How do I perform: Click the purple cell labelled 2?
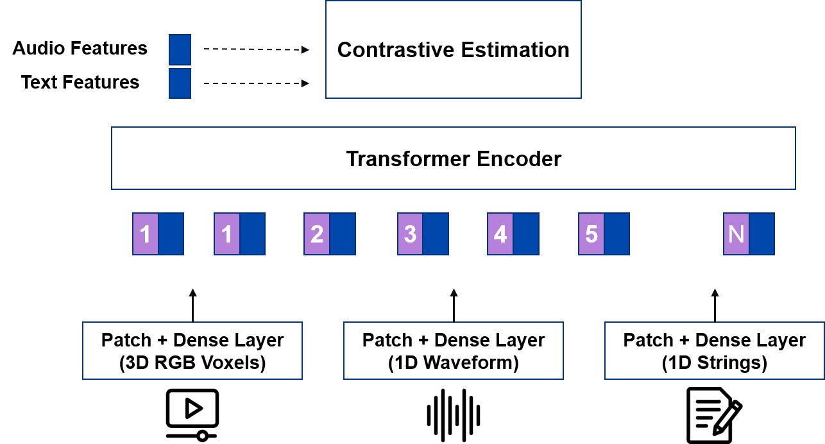[x=317, y=234]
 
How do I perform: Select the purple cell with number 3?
[x=410, y=234]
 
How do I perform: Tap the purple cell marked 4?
[x=500, y=234]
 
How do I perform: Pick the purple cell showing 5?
[x=591, y=234]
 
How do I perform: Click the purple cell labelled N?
[x=736, y=234]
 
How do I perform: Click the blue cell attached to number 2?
[x=343, y=234]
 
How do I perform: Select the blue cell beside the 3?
[x=436, y=234]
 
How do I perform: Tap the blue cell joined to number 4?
[x=526, y=234]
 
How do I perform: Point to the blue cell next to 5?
[x=617, y=234]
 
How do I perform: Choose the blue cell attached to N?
[x=762, y=234]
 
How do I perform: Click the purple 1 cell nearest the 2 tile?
[x=227, y=234]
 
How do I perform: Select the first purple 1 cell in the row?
[x=146, y=234]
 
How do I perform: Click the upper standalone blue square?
[x=180, y=49]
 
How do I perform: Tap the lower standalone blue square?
[x=180, y=83]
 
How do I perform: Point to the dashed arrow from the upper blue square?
[x=257, y=49]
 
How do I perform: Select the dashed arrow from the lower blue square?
[x=257, y=83]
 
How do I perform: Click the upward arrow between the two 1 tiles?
[x=192, y=305]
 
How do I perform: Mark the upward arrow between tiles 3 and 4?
[x=454, y=305]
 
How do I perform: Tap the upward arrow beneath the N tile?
[x=715, y=305]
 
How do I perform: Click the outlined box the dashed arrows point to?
[x=454, y=49]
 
